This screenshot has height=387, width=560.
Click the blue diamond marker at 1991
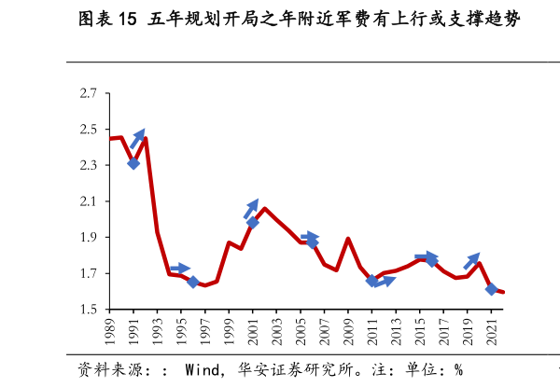click(x=133, y=163)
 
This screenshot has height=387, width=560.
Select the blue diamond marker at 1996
click(x=193, y=282)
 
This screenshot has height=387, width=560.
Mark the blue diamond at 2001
click(x=253, y=222)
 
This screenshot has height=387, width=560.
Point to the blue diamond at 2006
click(x=313, y=242)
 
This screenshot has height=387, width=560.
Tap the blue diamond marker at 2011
click(x=372, y=280)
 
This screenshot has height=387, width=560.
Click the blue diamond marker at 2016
click(x=431, y=260)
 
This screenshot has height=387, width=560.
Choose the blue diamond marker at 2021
click(x=492, y=289)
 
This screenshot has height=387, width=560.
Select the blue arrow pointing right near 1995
click(x=180, y=269)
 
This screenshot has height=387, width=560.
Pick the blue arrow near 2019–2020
click(x=471, y=261)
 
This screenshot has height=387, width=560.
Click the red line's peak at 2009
click(x=348, y=239)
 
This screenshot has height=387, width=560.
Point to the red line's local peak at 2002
click(x=265, y=208)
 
